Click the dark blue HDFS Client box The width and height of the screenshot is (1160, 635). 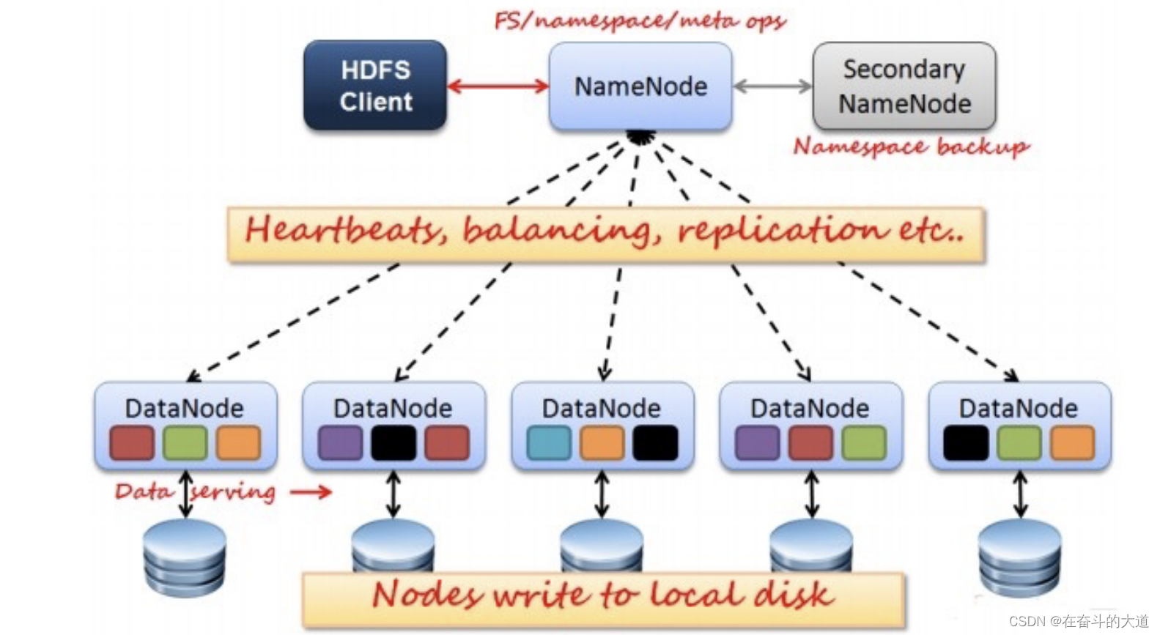click(375, 86)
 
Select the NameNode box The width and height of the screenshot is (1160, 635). click(640, 86)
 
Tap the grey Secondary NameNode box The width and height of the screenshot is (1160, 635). click(904, 86)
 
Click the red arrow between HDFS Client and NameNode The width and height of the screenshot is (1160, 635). click(498, 86)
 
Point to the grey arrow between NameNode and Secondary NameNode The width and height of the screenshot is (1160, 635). click(772, 86)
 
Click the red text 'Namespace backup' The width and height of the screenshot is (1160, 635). click(912, 147)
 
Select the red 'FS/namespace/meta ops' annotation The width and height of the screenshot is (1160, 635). click(640, 21)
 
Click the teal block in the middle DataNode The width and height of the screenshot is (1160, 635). click(548, 442)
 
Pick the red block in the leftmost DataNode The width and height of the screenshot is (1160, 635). click(132, 442)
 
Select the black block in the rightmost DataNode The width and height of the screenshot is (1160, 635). click(966, 442)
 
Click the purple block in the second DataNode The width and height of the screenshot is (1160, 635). click(340, 442)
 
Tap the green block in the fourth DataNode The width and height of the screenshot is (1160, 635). click(864, 442)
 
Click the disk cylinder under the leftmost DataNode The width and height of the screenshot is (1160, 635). click(185, 558)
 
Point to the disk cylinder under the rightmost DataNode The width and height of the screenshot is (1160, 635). click(1019, 558)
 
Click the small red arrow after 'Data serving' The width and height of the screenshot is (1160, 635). click(311, 491)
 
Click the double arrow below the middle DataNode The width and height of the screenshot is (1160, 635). click(601, 494)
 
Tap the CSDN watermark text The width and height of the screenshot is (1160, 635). click(1079, 621)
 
